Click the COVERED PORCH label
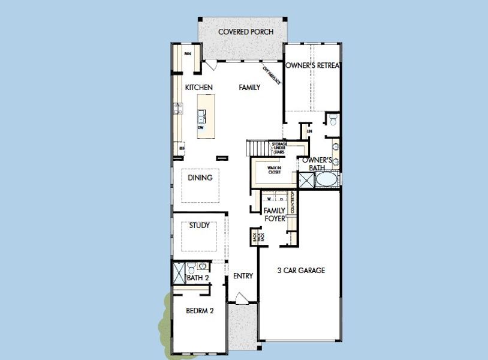[x=246, y=32]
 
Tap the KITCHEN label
[x=198, y=88]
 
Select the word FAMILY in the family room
[x=249, y=88]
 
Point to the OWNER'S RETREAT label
[x=312, y=65]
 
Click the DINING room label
[x=200, y=178]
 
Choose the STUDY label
[x=199, y=226]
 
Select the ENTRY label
[x=243, y=276]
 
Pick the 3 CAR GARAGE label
[x=301, y=271]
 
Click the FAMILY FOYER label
[x=275, y=214]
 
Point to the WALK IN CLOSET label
[x=274, y=170]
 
